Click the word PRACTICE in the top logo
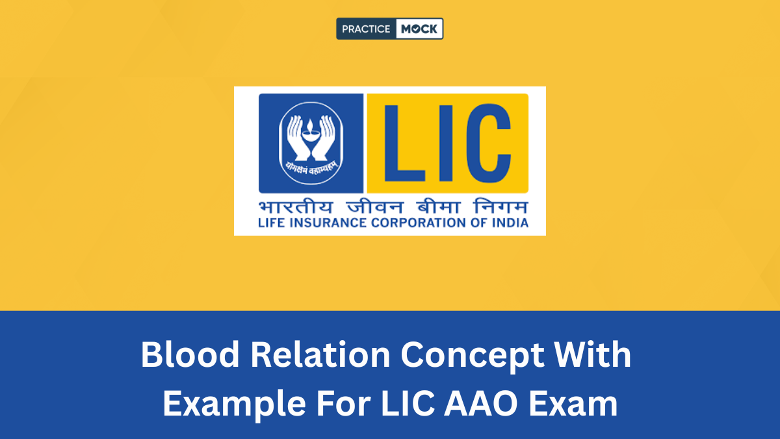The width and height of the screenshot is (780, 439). [366, 29]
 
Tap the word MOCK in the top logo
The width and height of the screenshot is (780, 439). [419, 29]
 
